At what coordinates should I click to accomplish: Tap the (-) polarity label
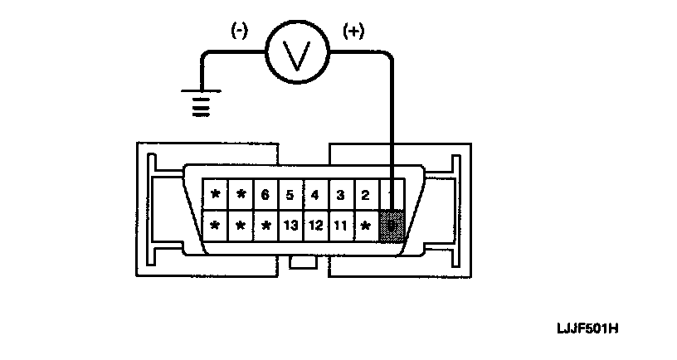pos(239,32)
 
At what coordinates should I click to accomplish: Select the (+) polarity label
pos(353,32)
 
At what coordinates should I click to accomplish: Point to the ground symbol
pos(198,103)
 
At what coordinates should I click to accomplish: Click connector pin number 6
pos(265,196)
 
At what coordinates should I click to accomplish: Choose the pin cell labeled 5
pos(290,196)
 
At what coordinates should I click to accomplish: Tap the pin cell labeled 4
pos(315,196)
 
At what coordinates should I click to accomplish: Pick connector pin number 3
pos(340,196)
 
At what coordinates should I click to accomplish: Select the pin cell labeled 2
pos(365,196)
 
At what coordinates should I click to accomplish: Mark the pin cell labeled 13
pos(290,225)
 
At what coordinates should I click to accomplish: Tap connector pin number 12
pos(315,225)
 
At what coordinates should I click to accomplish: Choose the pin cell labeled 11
pos(340,225)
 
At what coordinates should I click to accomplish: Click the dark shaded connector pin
pos(392,225)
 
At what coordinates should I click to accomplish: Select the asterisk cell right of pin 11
pos(365,225)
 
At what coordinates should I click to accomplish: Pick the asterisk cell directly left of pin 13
pos(265,225)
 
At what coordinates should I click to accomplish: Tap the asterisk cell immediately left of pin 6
pos(241,196)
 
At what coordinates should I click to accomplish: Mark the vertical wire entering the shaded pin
pos(392,124)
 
